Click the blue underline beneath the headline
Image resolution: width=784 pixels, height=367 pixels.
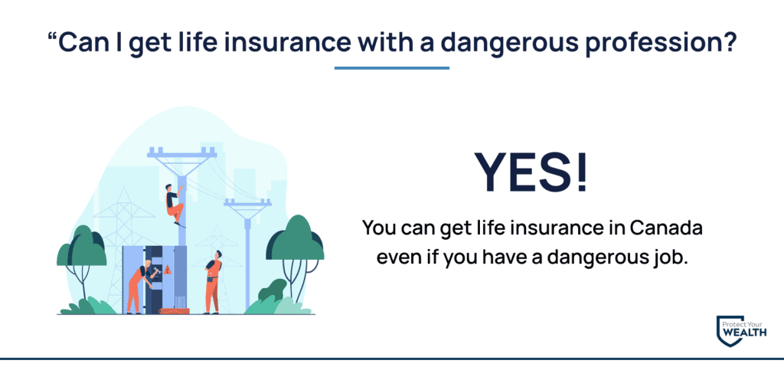point(391,68)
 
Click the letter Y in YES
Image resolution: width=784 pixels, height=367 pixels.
point(492,171)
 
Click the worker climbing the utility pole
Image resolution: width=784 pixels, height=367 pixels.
point(175,205)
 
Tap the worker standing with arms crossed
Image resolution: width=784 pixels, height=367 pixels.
point(213,282)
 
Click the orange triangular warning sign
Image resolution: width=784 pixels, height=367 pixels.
point(168,270)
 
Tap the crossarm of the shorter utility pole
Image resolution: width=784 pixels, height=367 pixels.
point(247,203)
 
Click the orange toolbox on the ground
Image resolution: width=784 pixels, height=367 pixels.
point(175,311)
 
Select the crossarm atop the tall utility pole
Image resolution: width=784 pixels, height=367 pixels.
point(182,152)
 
